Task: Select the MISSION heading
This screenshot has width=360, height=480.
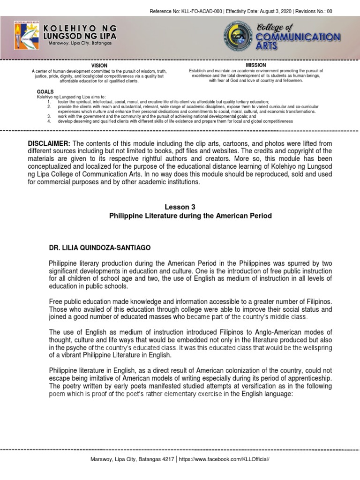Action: (256, 65)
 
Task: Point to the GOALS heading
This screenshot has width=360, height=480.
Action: (45, 91)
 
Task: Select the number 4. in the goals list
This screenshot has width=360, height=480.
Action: (50, 121)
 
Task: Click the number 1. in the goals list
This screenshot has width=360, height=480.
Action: (50, 102)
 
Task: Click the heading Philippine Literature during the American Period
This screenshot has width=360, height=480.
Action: (190, 216)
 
